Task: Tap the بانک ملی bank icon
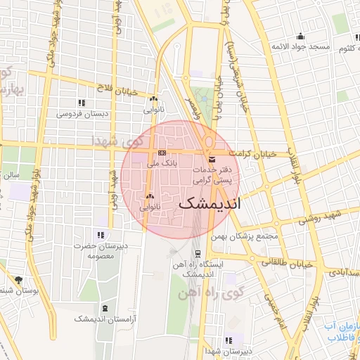coord(162,153)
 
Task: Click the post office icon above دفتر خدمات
coord(212,161)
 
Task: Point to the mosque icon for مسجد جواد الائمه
coord(301,37)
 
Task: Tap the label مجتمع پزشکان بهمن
coord(248,236)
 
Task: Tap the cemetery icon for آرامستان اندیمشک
coord(105,309)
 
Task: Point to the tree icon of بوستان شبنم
coord(18,280)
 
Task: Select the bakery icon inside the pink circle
coord(149,197)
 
